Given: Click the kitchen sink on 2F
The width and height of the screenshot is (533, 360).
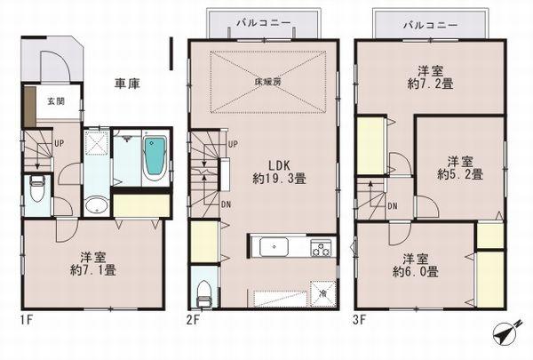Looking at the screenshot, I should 271,248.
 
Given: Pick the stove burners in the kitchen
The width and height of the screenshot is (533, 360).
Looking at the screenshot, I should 320,248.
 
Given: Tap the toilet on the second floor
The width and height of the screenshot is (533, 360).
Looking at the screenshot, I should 203,290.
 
